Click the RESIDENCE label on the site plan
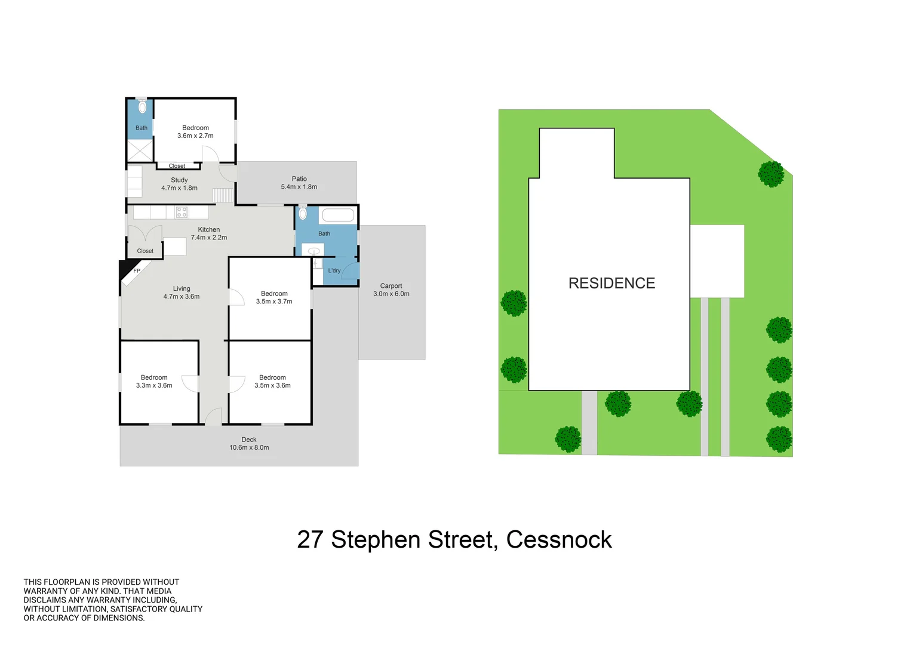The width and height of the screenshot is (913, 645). click(611, 283)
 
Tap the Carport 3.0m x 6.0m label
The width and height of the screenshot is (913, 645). click(391, 290)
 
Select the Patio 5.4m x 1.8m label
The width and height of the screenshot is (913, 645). click(299, 183)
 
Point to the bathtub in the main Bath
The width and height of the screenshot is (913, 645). click(338, 215)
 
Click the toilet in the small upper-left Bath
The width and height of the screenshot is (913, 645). click(142, 107)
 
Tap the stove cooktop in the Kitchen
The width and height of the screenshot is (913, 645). click(182, 212)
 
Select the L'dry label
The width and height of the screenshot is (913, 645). click(334, 271)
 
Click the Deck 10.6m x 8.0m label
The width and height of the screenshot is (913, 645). click(249, 443)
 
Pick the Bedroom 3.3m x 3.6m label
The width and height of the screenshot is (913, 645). click(154, 382)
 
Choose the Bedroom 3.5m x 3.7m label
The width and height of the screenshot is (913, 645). click(274, 297)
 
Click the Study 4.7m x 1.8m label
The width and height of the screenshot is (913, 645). click(179, 184)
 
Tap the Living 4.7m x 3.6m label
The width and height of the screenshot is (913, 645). click(182, 293)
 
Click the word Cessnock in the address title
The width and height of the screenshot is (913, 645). click(559, 540)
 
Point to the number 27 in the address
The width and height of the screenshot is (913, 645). click(310, 540)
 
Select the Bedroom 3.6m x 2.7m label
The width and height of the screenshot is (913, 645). click(195, 131)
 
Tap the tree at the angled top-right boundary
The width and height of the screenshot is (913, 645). click(770, 174)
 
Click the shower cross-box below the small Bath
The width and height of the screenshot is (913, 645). click(140, 150)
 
